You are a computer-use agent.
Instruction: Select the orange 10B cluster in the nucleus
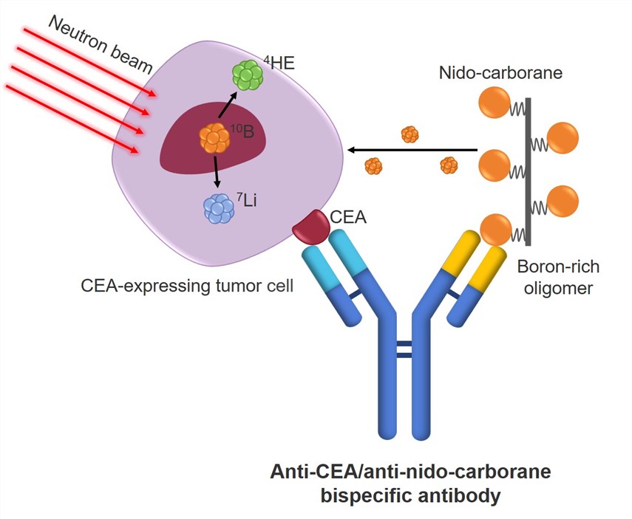[x=214, y=137]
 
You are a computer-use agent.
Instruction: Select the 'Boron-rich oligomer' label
[x=555, y=278]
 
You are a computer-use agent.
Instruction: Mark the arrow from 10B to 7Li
[x=216, y=171]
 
